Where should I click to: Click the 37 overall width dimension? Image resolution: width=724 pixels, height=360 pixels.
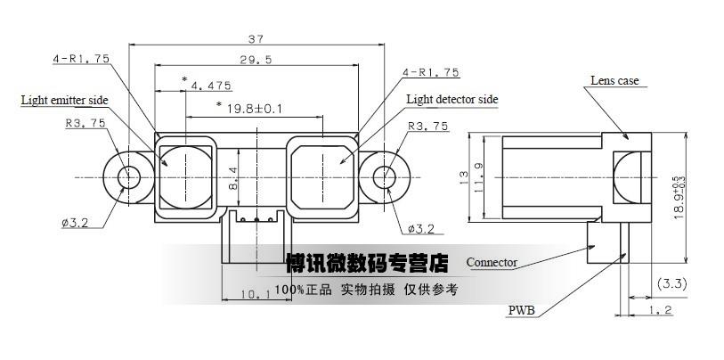pos(256,39)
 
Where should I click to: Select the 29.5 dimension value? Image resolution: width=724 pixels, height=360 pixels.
pos(256,60)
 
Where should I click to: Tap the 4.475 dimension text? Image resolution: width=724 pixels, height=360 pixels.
pos(210,86)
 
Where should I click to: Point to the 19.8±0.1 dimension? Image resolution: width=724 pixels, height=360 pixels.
pos(255,109)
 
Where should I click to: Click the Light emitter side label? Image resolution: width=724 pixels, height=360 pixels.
pos(65,101)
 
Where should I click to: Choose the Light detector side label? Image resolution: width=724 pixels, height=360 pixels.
pos(452,100)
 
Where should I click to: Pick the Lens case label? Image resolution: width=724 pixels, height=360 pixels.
pos(614,80)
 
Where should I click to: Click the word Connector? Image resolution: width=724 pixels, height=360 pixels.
pos(492,263)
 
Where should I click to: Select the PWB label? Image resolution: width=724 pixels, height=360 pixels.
pos(521,310)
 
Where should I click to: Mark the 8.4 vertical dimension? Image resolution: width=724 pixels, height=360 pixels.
pos(232,178)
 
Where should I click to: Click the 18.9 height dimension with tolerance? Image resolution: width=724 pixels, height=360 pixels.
pos(679,197)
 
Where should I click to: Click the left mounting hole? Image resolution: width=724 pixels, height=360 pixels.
pos(128,177)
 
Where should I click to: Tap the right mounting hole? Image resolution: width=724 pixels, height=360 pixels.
pos(384,177)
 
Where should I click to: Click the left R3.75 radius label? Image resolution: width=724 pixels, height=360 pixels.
pos(85,123)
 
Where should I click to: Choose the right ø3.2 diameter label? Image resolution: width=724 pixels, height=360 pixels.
pos(421,228)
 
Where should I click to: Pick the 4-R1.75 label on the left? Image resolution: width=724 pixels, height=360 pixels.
pos(81,59)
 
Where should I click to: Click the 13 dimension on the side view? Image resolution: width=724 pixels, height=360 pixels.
pos(464,177)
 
